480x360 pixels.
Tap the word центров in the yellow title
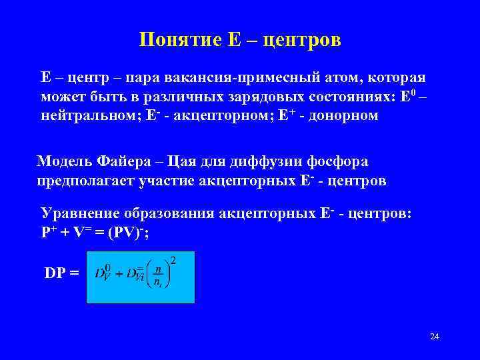tap(302, 40)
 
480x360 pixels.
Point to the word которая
tap(397, 78)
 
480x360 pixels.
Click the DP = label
tap(61, 273)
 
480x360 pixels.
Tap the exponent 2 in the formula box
tap(173, 259)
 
